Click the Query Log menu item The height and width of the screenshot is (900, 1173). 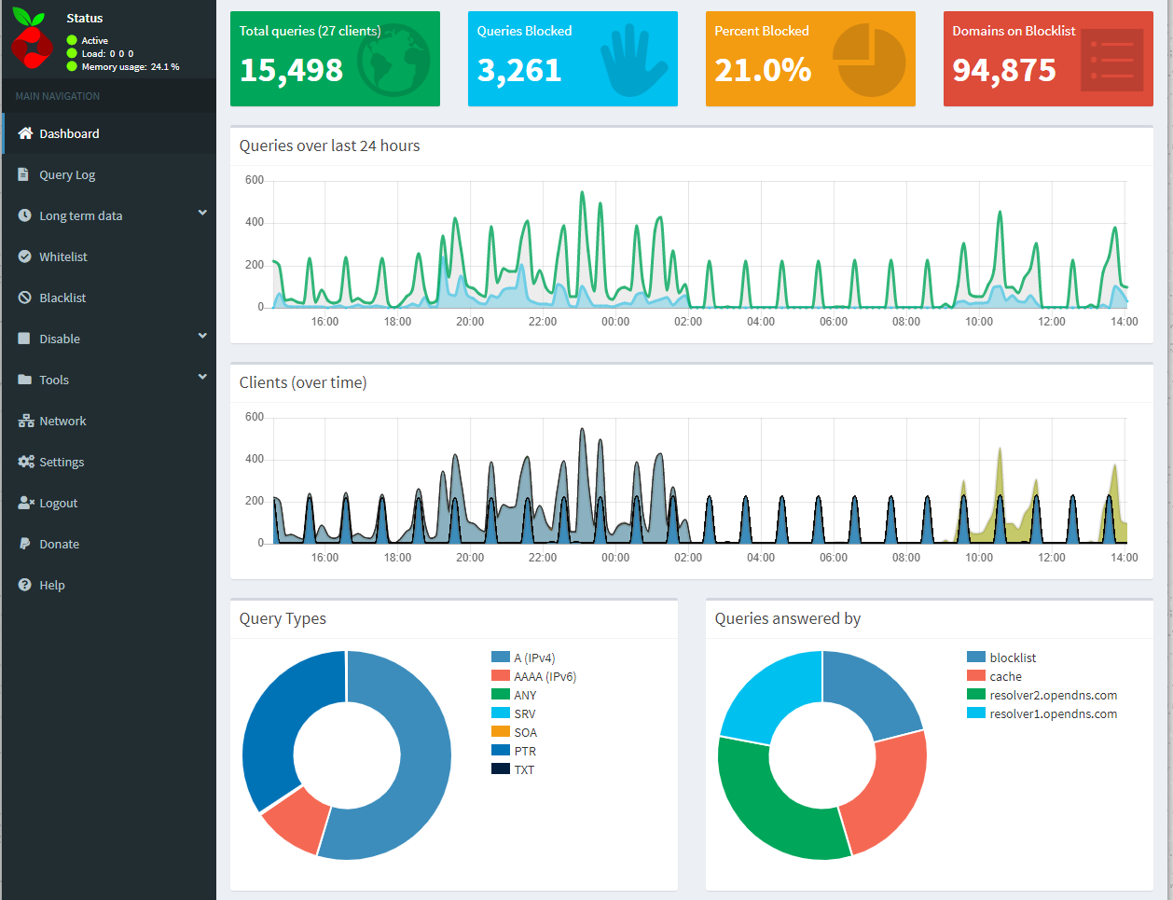[66, 175]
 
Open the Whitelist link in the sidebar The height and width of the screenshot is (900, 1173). [62, 257]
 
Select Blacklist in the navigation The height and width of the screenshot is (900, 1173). [62, 298]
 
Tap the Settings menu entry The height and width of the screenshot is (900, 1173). [61, 463]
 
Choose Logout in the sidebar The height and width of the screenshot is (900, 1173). [58, 504]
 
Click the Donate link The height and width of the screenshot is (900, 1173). [59, 545]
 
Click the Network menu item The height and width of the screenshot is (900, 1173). [62, 422]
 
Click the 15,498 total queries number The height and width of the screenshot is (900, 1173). [291, 71]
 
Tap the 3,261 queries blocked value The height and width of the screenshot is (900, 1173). [519, 71]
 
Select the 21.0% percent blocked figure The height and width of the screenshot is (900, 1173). [763, 71]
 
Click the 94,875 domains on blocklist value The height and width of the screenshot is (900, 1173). [1004, 71]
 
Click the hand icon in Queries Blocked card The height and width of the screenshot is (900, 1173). [633, 62]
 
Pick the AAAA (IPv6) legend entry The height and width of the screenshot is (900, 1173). [545, 677]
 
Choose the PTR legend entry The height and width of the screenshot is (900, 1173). [524, 752]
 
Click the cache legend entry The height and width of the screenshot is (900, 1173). [1005, 677]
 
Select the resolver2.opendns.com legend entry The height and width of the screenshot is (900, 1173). [1053, 696]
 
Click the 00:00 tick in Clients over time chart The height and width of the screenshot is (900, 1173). [615, 558]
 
